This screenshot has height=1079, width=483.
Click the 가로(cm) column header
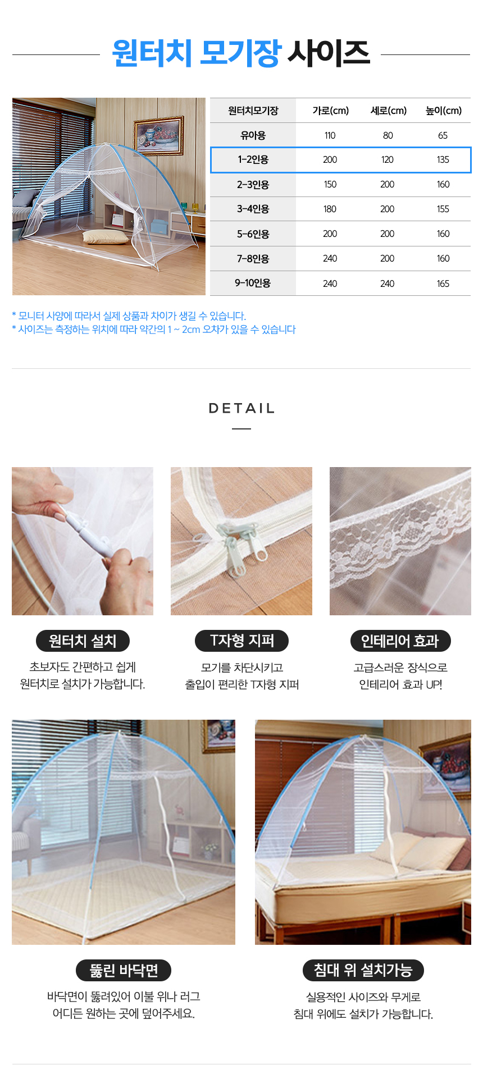(331, 111)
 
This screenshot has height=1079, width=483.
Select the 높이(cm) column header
(444, 111)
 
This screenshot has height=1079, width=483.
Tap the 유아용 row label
(253, 135)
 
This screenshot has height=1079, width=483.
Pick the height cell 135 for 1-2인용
(443, 160)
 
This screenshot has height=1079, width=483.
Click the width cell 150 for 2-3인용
(330, 185)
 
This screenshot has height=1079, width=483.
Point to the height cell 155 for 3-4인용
(443, 209)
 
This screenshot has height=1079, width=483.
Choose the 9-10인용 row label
(253, 284)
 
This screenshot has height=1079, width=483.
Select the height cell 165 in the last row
(443, 284)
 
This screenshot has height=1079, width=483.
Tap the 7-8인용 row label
(253, 259)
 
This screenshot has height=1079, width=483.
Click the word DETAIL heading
(241, 408)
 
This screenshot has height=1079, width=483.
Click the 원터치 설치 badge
(83, 641)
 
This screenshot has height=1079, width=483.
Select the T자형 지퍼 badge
(241, 641)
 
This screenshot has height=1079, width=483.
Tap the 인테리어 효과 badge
(400, 641)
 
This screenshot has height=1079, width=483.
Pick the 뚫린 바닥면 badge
(124, 970)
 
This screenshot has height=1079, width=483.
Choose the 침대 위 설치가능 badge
(363, 970)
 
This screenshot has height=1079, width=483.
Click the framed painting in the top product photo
(158, 136)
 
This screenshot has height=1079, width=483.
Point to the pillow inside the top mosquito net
(105, 237)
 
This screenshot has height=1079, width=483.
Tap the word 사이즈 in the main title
(329, 54)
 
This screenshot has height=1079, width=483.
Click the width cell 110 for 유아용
(330, 135)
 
